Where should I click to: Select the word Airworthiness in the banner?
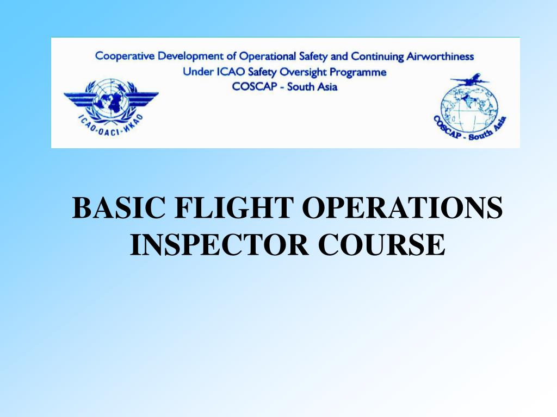[x=440, y=56]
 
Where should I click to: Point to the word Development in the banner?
[x=189, y=56]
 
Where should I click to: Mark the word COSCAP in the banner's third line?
[x=256, y=86]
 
